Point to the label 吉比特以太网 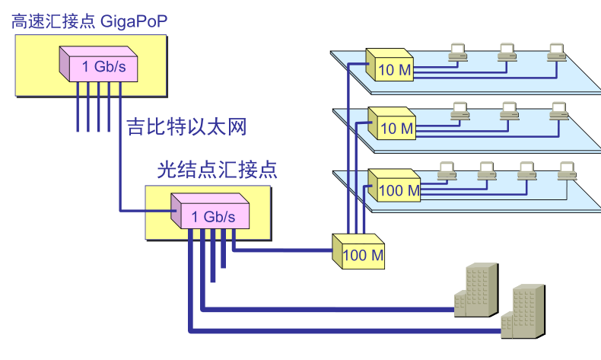pos(186,126)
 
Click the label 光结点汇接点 pos(217,169)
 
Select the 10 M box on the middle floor pos(393,123)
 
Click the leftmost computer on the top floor pos(457,52)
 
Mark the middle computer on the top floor pos(507,52)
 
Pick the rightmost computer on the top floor pos(557,52)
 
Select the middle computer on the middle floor pos(509,110)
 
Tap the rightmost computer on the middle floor pos(559,110)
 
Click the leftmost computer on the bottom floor pos(444,171)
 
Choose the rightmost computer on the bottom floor pos(565,171)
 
